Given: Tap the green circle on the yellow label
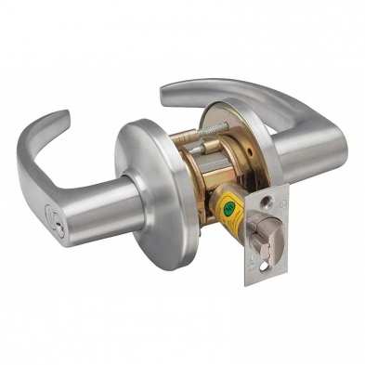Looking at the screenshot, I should point(227,210).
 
